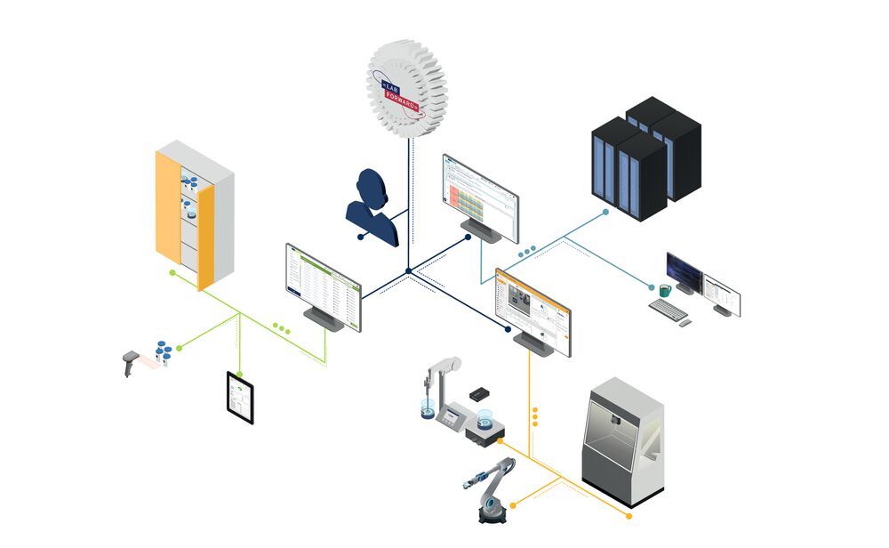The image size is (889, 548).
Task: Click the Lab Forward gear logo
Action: coord(407,88)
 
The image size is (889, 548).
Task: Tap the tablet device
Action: coord(240,397)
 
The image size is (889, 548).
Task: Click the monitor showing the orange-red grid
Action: coord(480,197)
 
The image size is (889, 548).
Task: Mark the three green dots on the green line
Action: coord(282,328)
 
